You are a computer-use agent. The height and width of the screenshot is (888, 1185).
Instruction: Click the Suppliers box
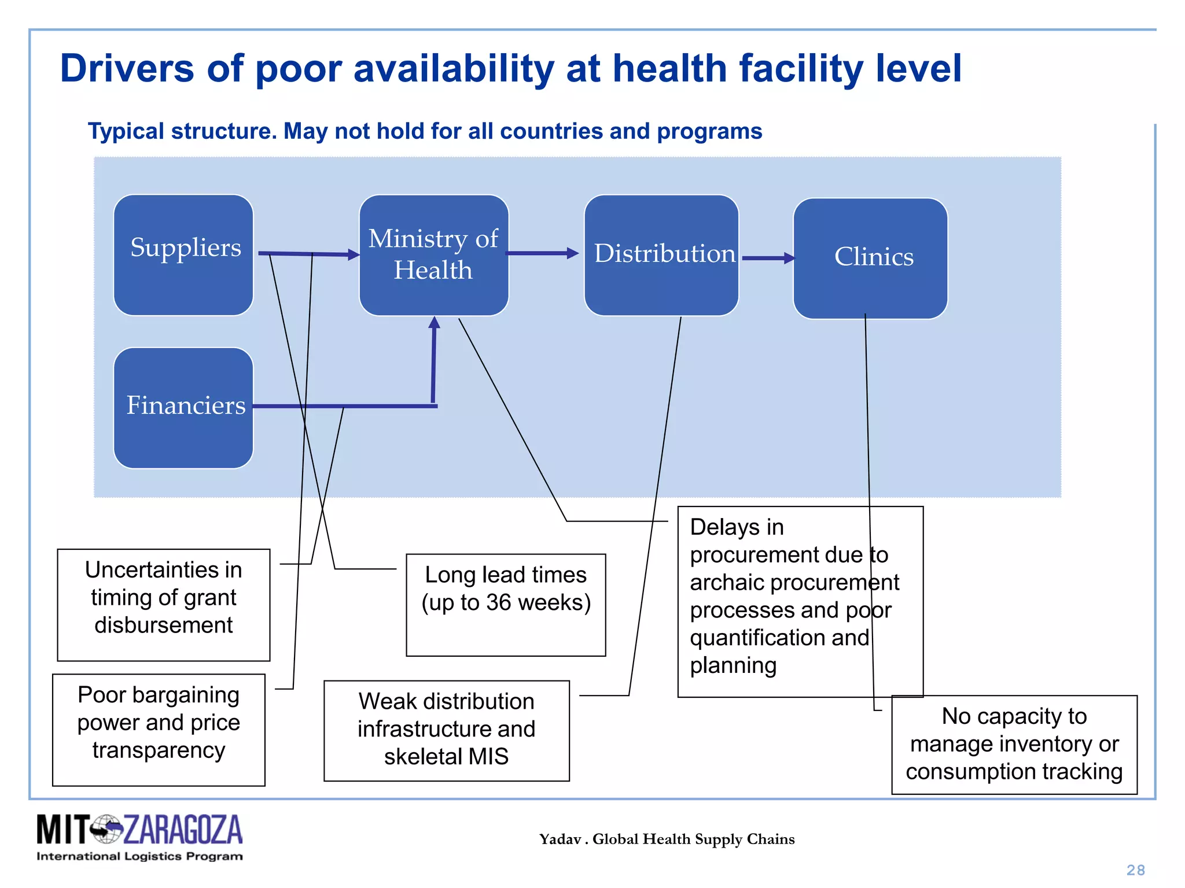[183, 255]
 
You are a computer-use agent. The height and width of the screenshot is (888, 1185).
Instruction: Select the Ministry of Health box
[433, 255]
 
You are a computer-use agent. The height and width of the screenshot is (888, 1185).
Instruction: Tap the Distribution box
[661, 255]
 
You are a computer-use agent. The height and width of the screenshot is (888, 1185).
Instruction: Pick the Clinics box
[870, 258]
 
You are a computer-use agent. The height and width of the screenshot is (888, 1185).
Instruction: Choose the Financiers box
[183, 408]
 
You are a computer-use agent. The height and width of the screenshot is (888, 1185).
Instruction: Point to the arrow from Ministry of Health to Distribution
[542, 253]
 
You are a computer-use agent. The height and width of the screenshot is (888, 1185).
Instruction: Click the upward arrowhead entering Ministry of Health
[434, 323]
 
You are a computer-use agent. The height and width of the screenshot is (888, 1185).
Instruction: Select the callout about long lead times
[506, 604]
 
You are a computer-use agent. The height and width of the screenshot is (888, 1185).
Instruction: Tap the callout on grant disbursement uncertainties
[164, 604]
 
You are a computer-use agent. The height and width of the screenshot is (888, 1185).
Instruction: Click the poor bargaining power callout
[159, 729]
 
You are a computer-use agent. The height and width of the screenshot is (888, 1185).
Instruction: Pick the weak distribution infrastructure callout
[446, 730]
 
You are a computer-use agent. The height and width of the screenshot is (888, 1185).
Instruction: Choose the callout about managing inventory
[1014, 744]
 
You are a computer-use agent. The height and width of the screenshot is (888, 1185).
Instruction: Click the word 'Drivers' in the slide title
[127, 68]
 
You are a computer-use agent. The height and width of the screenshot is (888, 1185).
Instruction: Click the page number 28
[1135, 869]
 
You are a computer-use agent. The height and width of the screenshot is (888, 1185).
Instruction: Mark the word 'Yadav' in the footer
[560, 839]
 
